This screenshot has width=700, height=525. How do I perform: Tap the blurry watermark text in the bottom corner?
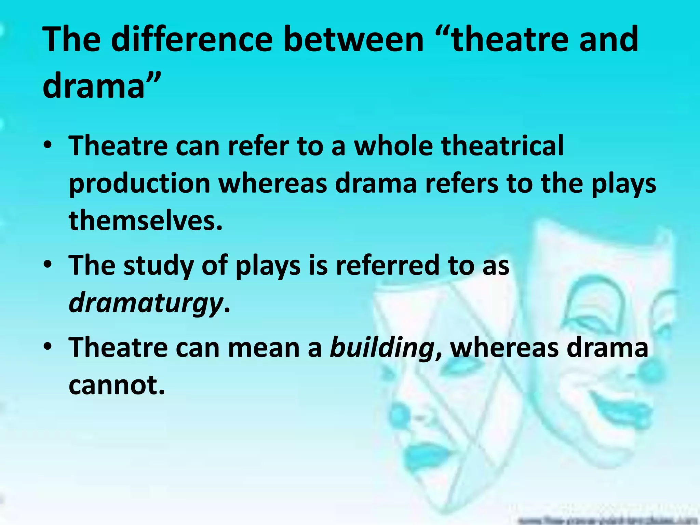click(x=608, y=520)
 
